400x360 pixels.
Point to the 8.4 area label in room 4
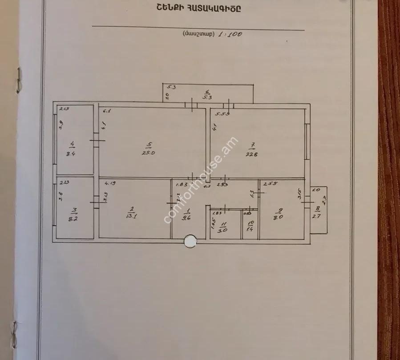(70, 154)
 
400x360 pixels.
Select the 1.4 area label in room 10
(250, 229)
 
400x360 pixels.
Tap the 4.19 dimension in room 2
(110, 182)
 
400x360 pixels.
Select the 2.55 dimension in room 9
(268, 183)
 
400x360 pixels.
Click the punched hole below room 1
(190, 242)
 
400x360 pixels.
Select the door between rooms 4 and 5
(97, 141)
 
